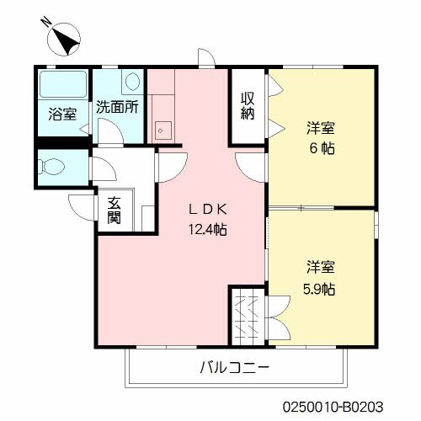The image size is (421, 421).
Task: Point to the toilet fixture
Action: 54,166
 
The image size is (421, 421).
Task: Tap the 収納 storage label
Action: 248,106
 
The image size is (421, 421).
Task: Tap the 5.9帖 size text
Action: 321,289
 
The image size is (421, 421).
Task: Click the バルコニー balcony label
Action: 235,368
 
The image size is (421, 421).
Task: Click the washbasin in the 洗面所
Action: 132,82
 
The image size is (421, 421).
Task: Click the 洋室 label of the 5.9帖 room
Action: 321,269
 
